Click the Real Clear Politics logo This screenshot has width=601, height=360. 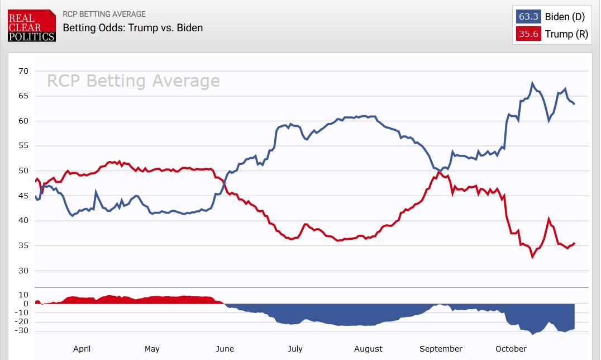point(32,25)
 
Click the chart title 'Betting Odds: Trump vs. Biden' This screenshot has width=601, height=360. point(132,27)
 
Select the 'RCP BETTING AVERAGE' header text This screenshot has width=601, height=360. point(104,14)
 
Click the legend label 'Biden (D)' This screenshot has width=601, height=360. point(565,17)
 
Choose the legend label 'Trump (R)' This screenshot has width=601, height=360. point(566,34)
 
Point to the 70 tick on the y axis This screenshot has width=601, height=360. point(23,71)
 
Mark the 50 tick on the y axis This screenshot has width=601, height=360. point(23,171)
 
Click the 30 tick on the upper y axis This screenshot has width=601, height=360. point(23,271)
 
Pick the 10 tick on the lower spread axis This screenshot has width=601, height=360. point(23,295)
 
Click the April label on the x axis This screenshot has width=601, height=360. point(82,349)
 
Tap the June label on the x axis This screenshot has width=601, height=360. point(225,349)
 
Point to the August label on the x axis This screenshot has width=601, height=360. point(368,349)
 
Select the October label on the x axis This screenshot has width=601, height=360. point(511,349)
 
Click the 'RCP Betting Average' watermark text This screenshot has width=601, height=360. point(133,81)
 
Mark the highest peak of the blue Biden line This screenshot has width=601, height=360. point(532,83)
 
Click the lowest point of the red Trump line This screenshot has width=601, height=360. point(532,257)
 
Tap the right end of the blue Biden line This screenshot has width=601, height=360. point(574,104)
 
